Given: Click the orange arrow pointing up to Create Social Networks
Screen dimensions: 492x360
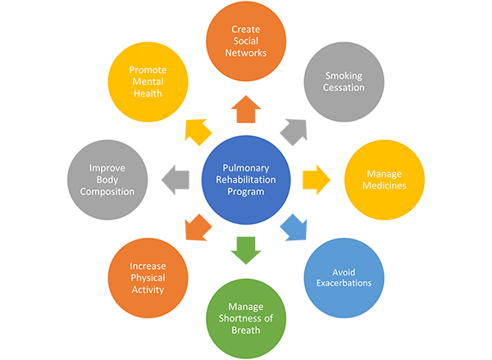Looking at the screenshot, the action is point(246,110).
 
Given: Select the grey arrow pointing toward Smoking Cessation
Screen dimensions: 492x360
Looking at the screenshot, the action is point(294,132).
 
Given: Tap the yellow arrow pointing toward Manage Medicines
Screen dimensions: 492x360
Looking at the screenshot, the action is point(317,180).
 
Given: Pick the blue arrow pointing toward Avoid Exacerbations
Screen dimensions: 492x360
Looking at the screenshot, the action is point(294,228).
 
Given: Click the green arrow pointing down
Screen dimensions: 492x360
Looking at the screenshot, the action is point(246,250).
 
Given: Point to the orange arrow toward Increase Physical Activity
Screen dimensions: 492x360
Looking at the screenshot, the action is point(198,228).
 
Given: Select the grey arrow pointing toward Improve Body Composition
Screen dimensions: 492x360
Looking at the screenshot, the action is point(175,180).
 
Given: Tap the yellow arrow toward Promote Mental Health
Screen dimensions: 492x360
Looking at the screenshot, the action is point(198,132).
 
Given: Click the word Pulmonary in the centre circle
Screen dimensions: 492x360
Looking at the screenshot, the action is point(246,168).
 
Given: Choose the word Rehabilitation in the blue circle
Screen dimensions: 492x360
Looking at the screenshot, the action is point(246,180).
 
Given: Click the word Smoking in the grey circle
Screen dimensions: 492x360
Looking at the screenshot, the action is point(344,76).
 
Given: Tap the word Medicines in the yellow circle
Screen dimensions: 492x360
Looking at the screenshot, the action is point(385,185).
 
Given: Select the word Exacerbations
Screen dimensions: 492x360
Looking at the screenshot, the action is point(344,283).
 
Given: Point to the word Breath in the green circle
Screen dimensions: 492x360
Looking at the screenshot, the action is point(246,330).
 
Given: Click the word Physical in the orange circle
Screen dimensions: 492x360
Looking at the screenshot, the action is point(148,278).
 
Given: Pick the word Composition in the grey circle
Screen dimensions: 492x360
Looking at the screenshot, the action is point(107,192).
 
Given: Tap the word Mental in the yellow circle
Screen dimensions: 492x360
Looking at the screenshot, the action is point(148,82).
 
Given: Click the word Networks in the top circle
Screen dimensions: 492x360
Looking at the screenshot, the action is point(246,52).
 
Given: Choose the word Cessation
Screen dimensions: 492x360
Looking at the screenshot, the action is point(344,88).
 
